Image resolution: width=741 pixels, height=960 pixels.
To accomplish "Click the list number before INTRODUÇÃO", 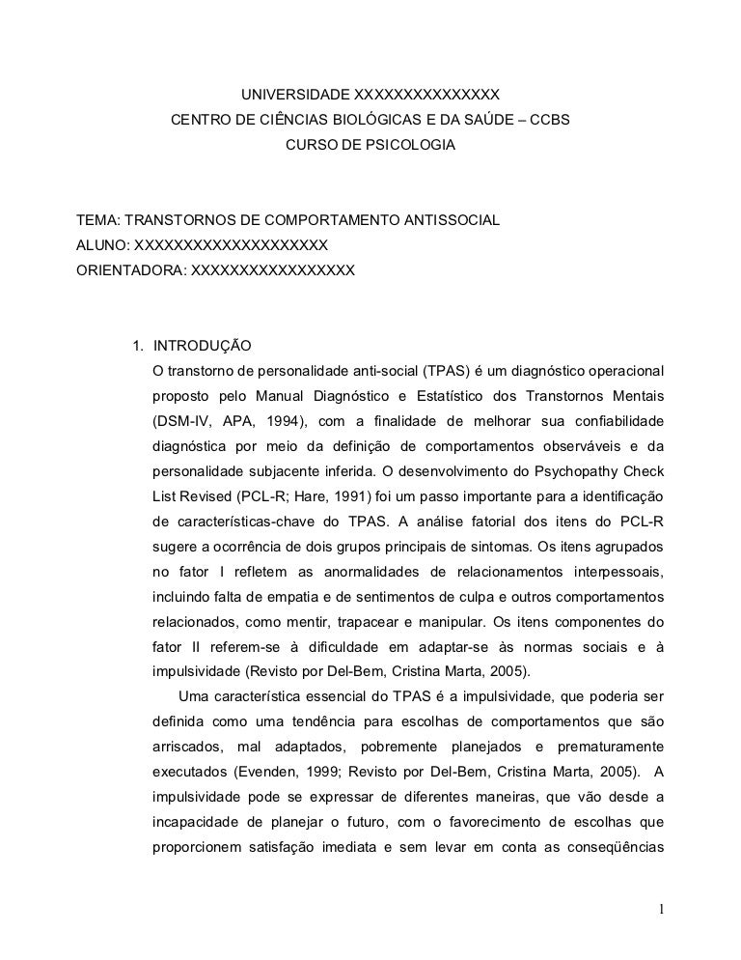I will tap(138, 345).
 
